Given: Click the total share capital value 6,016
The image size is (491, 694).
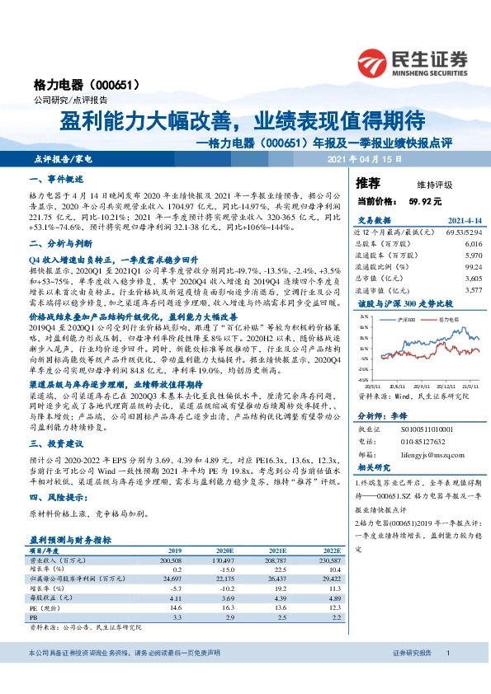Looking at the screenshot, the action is tap(472, 244).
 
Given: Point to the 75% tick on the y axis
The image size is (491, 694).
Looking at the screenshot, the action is tap(365, 326).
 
